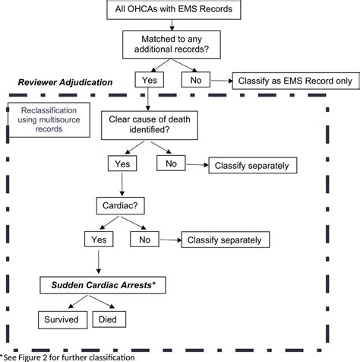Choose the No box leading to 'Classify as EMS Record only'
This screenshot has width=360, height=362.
(x=196, y=79)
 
